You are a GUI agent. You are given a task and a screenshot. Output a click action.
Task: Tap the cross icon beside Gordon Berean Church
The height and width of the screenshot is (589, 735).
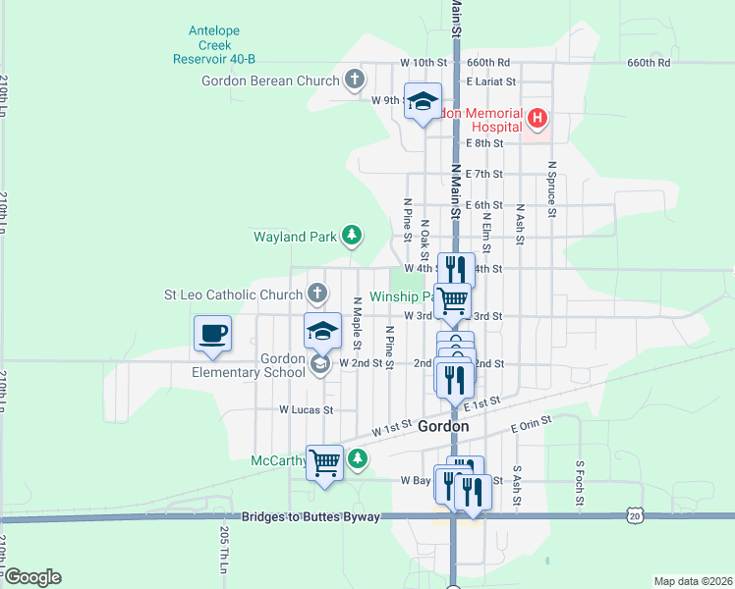click(355, 80)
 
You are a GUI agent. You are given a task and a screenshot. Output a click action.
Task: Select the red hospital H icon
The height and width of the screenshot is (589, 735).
click(537, 120)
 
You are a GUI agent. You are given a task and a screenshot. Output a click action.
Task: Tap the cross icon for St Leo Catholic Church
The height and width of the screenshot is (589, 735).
click(316, 294)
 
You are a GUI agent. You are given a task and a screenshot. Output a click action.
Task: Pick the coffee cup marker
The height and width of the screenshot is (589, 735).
click(213, 333)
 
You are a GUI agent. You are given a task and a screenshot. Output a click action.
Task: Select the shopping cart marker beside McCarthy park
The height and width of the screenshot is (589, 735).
click(325, 461)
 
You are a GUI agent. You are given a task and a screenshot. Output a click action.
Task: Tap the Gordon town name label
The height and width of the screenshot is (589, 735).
click(442, 427)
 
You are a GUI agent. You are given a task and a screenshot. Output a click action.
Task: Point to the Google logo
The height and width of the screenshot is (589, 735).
click(31, 576)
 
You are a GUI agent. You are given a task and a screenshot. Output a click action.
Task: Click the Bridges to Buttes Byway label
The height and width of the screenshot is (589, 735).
click(310, 516)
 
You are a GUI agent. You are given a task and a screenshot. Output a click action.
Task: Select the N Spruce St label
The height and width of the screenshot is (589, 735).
click(552, 189)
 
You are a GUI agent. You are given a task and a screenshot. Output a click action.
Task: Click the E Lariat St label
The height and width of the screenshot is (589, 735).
click(491, 81)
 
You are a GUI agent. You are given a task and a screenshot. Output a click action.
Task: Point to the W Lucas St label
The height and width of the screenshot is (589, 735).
click(307, 409)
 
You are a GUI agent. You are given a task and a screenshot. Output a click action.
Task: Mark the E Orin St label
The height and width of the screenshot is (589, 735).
click(532, 423)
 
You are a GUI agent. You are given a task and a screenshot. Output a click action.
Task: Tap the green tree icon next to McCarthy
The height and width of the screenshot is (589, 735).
click(360, 458)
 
